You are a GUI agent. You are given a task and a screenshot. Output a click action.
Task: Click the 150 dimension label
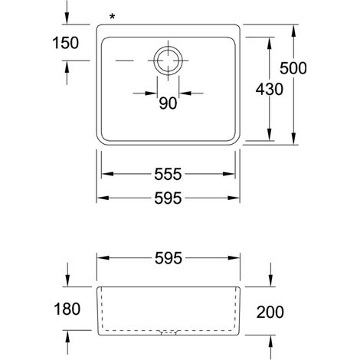[x=66, y=43]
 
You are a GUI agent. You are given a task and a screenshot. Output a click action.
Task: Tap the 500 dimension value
[x=293, y=68]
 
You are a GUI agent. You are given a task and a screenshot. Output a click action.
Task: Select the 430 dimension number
[x=270, y=90]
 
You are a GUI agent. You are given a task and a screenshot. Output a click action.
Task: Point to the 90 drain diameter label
[x=168, y=103]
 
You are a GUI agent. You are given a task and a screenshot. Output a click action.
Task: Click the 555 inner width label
[x=168, y=174]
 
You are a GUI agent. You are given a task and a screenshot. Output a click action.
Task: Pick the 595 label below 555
[x=168, y=198]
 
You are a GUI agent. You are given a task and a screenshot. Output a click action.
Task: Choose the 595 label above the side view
[x=169, y=258]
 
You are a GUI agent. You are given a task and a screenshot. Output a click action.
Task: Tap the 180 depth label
[x=67, y=309]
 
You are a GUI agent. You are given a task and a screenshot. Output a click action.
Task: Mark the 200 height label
[x=270, y=312]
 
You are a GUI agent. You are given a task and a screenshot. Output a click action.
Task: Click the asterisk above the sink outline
[x=112, y=17]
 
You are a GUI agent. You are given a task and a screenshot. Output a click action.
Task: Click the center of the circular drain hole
[x=168, y=61]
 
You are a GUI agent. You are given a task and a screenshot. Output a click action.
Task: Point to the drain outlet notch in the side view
[x=169, y=332]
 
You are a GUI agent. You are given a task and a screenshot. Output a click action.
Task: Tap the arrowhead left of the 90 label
[x=151, y=93]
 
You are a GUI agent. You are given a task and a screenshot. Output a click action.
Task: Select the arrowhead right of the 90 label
[x=185, y=93]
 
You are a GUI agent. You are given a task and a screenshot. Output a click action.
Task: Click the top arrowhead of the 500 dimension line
[x=294, y=31]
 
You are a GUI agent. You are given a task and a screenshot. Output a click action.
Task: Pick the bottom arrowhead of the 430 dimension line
[x=270, y=134]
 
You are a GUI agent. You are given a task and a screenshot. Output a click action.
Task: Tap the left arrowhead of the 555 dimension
[x=108, y=174]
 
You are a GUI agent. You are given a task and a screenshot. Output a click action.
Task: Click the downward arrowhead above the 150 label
[x=67, y=18]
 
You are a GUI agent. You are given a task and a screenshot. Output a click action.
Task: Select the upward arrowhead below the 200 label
[x=270, y=342]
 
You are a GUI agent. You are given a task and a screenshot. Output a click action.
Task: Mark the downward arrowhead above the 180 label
[x=67, y=280]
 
